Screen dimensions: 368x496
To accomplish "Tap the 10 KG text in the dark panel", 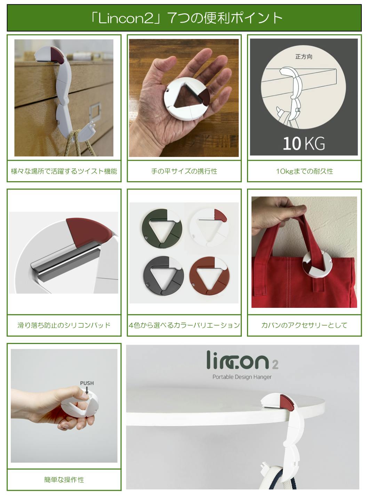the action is coord(304,143).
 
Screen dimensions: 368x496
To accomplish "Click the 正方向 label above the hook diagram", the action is coord(304,57).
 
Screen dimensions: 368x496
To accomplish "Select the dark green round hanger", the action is coord(162,228).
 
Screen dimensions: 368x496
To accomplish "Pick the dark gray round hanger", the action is coord(163,276).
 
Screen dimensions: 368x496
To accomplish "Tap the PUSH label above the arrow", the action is coord(87,383).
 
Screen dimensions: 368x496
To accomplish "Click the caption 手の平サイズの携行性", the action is coord(184,171).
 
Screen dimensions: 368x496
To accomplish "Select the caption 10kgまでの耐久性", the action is coord(304,171).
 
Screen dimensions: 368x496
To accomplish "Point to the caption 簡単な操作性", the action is coord(64,479).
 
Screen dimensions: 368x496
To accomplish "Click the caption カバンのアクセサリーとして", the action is coord(304,325).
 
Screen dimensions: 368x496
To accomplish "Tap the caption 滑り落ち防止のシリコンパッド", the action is coord(64,325).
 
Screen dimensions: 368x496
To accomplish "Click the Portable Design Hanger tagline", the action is coord(242,377).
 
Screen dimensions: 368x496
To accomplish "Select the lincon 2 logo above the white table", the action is coord(242,360).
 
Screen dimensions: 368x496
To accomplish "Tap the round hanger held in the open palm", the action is coord(187,99).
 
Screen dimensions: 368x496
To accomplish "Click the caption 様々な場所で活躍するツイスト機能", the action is coord(64,171).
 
